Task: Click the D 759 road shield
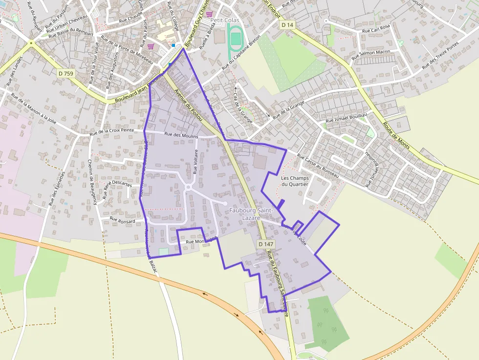tap(65, 73)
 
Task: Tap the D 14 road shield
tap(288, 24)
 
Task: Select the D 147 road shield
tap(265, 244)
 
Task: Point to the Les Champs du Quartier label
tap(295, 181)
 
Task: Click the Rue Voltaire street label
tap(196, 162)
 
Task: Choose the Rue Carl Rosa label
tap(376, 29)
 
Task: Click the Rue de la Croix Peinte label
tap(111, 131)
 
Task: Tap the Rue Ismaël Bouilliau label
tap(346, 120)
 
